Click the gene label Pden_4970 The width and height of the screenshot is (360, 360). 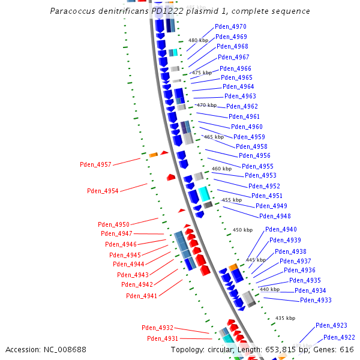(230, 27)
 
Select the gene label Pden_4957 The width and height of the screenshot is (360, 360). (95, 164)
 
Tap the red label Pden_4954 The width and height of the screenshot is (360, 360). (103, 191)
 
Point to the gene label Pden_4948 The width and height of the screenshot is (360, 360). (275, 216)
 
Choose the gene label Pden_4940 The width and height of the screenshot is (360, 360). (281, 230)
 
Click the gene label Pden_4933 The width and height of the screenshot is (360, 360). (316, 300)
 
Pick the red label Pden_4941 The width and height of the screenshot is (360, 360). (142, 296)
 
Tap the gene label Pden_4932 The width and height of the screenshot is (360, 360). (157, 328)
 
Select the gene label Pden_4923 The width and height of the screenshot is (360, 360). (332, 325)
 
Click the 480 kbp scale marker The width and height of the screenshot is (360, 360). (198, 40)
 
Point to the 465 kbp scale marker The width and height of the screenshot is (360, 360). (214, 137)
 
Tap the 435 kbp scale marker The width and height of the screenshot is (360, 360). (285, 318)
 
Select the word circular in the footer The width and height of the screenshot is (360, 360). (236, 349)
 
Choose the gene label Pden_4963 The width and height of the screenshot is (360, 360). (240, 96)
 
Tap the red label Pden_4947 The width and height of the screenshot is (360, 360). (116, 233)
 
